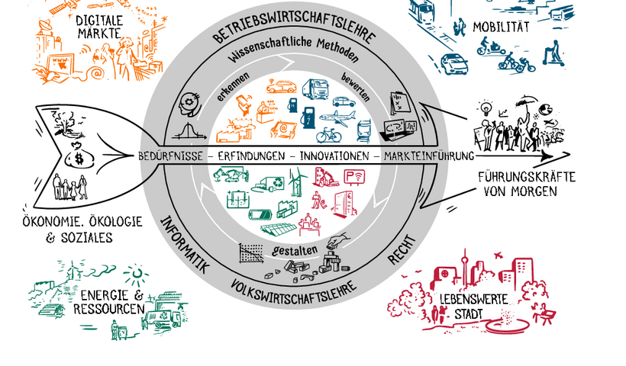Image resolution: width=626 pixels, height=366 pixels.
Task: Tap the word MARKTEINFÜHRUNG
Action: (x=430, y=156)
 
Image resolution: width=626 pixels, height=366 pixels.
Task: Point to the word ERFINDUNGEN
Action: (x=250, y=156)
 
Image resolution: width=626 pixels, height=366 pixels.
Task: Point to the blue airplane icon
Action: (x=337, y=116)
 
